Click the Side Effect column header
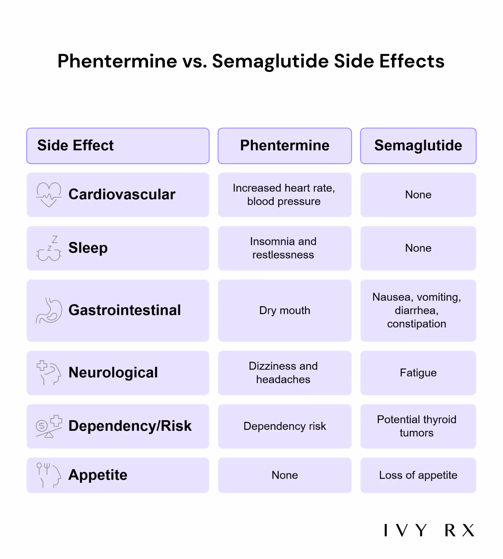[x=118, y=146]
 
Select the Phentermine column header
[x=285, y=146]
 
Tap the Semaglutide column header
[x=418, y=146]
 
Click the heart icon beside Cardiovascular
[x=49, y=194]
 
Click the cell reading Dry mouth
[x=285, y=310]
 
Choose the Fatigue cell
[x=418, y=373]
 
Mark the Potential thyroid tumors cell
[x=418, y=426]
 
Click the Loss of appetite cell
[x=418, y=475]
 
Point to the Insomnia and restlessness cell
[x=285, y=248]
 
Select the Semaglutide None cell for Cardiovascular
[x=418, y=195]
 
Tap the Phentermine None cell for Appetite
[x=285, y=475]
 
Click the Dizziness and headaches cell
[x=285, y=373]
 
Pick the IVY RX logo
[x=429, y=530]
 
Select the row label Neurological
[x=113, y=373]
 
